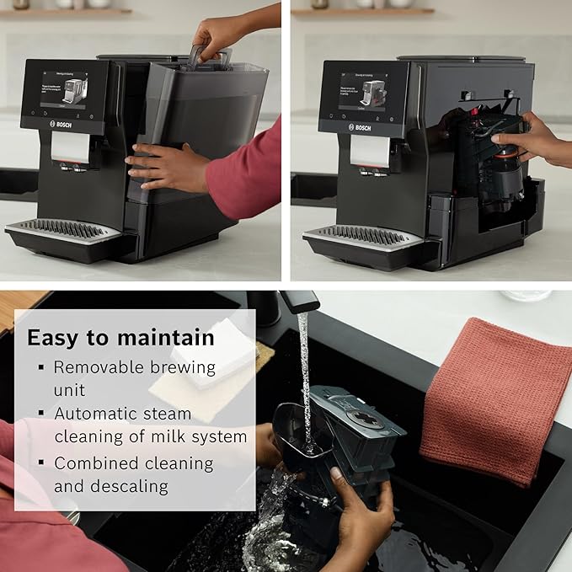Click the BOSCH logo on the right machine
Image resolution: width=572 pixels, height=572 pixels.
[359, 127]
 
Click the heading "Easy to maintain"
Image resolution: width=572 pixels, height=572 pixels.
[120, 337]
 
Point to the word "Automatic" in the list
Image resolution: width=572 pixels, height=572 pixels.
[99, 414]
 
